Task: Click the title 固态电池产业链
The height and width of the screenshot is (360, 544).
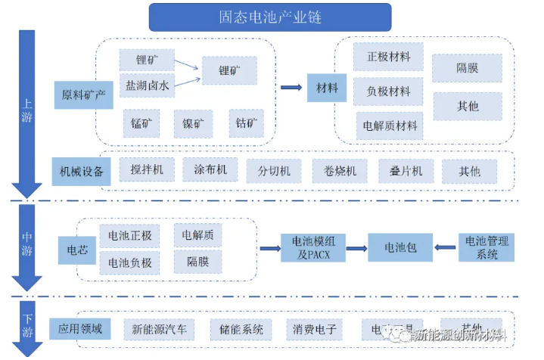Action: coord(269,17)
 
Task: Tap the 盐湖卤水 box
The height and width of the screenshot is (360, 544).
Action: coord(147,85)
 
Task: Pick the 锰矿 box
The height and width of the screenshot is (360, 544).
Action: coord(141,123)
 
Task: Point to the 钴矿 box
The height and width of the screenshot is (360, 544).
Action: coord(246,123)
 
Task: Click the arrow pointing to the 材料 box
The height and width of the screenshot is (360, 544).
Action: coord(291,88)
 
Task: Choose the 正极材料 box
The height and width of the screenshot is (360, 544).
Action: coord(388,57)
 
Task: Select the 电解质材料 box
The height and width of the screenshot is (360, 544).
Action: coord(390,126)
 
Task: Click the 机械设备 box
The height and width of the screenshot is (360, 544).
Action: coord(81,172)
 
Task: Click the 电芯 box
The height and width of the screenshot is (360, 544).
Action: coord(77,250)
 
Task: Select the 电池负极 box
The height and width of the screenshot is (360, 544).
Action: coord(129,263)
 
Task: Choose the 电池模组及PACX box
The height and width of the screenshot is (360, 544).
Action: coord(313,248)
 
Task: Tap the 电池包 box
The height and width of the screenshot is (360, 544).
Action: coord(399,248)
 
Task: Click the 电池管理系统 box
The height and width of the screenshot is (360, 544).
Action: coord(487,248)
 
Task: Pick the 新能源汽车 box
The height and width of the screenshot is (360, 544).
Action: coord(159,330)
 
